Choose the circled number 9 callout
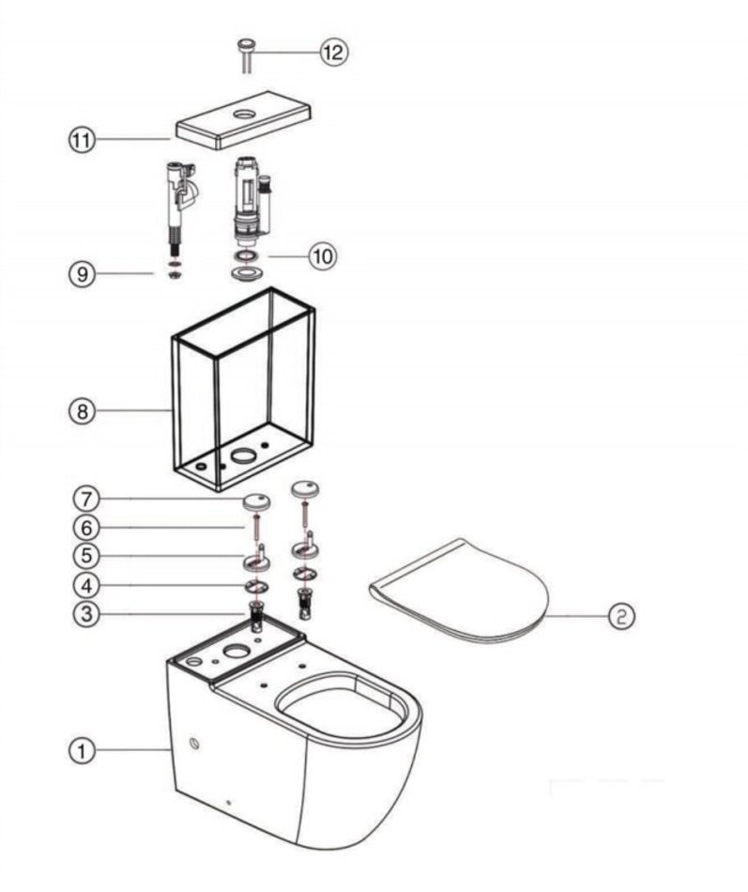click(83, 274)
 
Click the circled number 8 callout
click(83, 410)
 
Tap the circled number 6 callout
click(83, 528)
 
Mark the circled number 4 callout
click(83, 586)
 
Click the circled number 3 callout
click(83, 614)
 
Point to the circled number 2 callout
click(620, 616)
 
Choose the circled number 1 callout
click(83, 750)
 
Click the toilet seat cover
click(460, 592)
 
